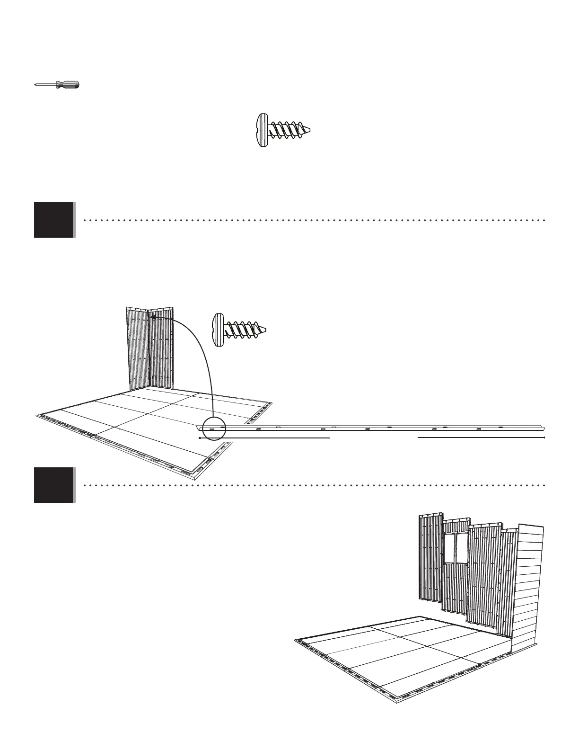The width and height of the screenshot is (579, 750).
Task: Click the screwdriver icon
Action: click(57, 85)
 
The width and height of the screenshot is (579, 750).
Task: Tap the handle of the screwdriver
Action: click(68, 85)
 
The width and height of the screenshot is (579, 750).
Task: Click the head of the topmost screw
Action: click(260, 130)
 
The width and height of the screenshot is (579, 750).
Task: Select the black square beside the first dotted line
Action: click(54, 220)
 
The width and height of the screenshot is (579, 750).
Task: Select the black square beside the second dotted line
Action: click(54, 485)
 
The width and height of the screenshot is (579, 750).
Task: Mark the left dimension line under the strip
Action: click(264, 438)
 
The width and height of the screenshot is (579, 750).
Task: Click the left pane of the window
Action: click(449, 549)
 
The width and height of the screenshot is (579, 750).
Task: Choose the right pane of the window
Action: click(461, 549)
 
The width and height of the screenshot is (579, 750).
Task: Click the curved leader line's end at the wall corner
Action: click(153, 318)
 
